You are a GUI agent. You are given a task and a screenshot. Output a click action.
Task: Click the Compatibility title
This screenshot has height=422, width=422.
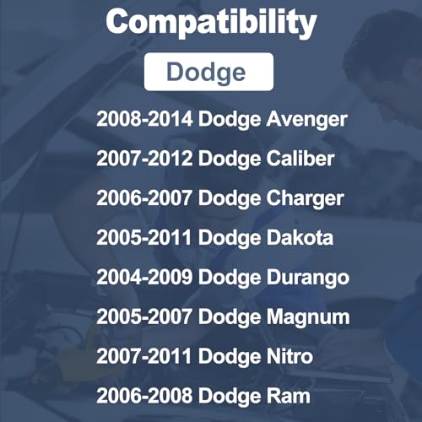(211, 23)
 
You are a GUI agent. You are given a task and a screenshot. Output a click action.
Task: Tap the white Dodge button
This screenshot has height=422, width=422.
(208, 72)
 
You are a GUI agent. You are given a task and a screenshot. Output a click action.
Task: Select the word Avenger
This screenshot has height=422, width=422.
(307, 120)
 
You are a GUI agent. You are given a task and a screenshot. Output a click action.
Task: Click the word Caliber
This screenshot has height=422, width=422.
(300, 159)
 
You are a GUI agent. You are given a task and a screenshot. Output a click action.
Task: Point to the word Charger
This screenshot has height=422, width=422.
(306, 199)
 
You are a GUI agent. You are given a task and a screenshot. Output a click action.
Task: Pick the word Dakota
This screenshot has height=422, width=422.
(300, 238)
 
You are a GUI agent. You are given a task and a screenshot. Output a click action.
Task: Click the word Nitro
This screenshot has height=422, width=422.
(289, 356)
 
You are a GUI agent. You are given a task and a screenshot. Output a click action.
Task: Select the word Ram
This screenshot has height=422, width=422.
(289, 396)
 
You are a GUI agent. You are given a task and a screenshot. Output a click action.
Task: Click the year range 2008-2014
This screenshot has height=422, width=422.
(144, 119)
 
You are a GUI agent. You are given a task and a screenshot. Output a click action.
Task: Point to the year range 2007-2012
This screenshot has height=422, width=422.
(144, 159)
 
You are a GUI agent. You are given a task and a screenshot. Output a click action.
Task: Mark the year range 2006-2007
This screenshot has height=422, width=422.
(144, 198)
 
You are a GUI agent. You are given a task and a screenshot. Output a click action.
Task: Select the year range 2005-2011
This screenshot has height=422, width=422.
(144, 238)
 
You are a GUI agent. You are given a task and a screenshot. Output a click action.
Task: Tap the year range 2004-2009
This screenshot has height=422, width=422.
(144, 278)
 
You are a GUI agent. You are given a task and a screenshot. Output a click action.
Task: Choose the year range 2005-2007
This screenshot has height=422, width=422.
(144, 316)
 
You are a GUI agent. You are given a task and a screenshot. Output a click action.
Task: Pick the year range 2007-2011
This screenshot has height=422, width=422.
(144, 356)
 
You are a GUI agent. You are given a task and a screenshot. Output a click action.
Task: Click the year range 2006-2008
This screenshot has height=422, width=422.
(144, 396)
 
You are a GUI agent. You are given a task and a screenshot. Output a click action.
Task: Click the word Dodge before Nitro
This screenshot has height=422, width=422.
(230, 357)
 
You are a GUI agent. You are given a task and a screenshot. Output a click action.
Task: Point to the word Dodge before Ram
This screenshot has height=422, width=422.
(230, 397)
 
